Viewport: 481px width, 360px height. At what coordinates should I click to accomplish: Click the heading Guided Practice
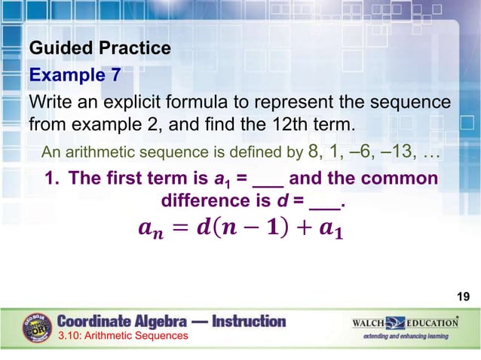[x=100, y=49]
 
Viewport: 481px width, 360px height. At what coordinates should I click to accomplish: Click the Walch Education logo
[x=405, y=323]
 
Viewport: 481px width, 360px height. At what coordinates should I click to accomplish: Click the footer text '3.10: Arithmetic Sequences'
[x=123, y=336]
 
